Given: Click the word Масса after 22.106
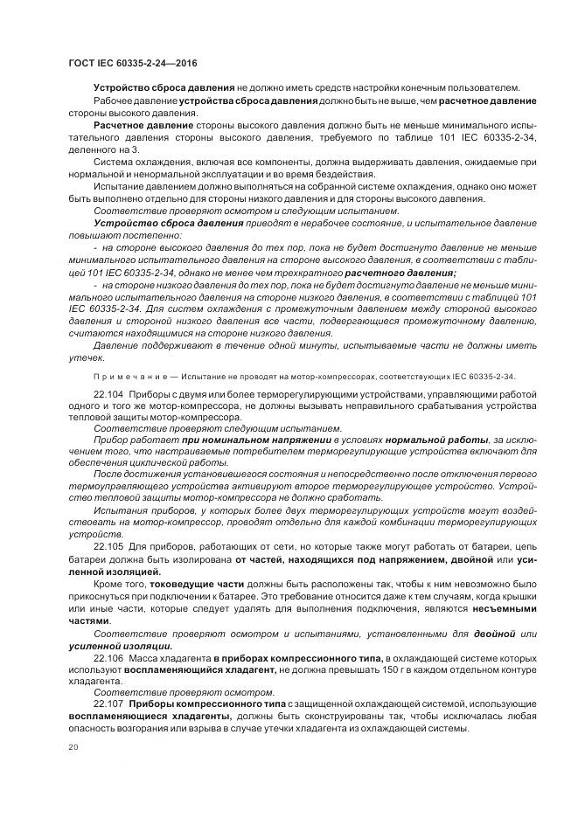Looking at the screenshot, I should point(148,656).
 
